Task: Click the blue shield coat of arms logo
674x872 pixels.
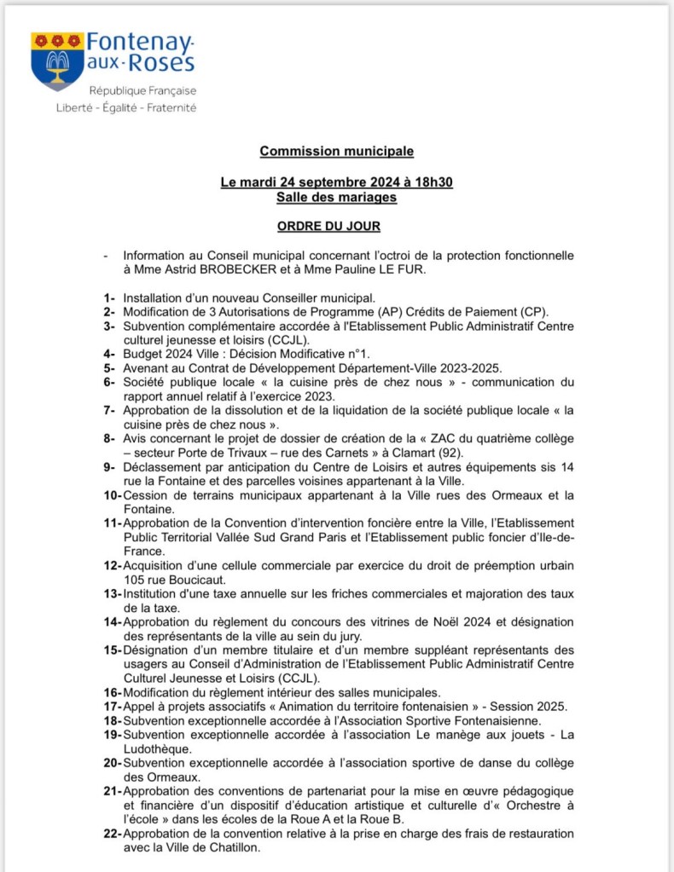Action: pos(57,61)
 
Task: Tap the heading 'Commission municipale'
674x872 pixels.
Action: pos(336,151)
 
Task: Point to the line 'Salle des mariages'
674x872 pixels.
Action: pos(336,197)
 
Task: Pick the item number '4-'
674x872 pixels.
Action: pos(108,353)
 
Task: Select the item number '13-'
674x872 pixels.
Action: pos(113,594)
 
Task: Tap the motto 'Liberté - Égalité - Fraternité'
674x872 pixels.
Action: pos(125,108)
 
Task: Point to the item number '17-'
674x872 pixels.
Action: pos(113,706)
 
